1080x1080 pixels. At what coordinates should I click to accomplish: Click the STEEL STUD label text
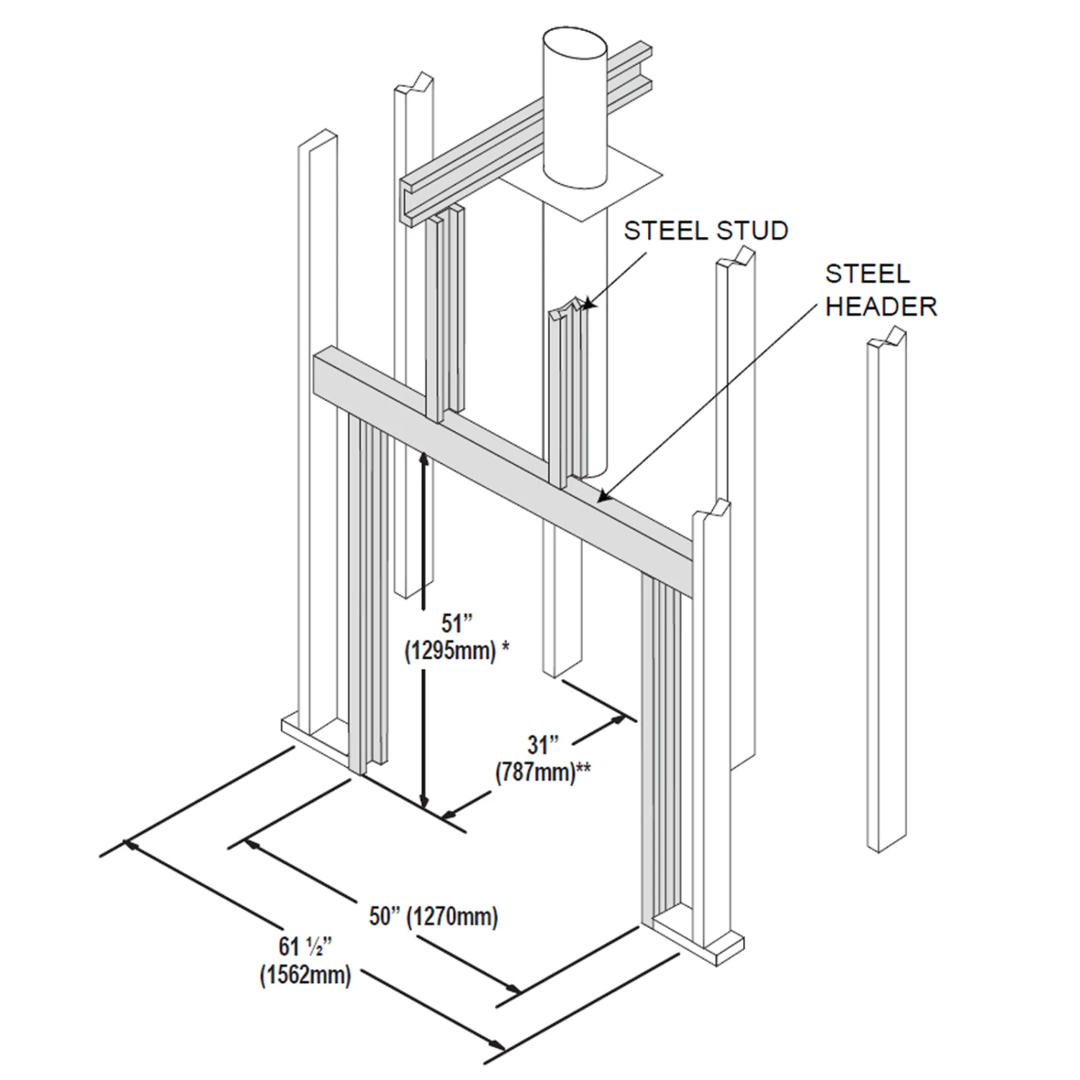pyautogui.click(x=706, y=231)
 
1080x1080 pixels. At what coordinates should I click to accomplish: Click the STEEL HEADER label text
pyautogui.click(x=881, y=290)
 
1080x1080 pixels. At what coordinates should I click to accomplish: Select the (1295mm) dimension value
pyautogui.click(x=450, y=651)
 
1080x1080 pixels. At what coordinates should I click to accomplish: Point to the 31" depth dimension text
pyautogui.click(x=543, y=744)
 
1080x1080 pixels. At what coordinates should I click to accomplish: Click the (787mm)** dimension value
pyautogui.click(x=542, y=772)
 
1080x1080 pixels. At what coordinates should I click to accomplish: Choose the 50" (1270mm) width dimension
pyautogui.click(x=433, y=917)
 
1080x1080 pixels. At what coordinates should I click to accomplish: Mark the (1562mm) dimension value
pyautogui.click(x=305, y=976)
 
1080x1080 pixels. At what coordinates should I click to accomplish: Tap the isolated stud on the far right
pyautogui.click(x=886, y=590)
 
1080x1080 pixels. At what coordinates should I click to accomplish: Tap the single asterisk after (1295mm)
pyautogui.click(x=505, y=647)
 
